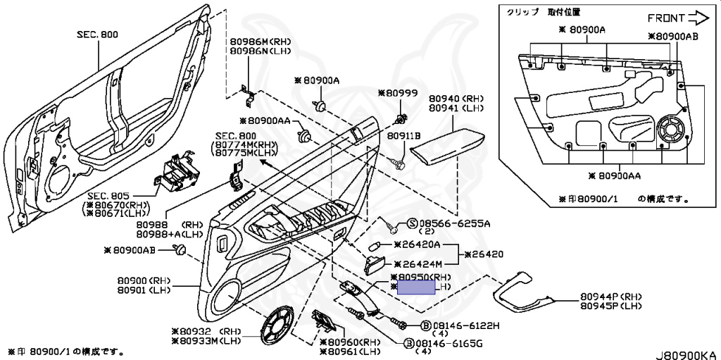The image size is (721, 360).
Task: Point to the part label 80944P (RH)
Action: coord(611,297)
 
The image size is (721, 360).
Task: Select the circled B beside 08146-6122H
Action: coord(425,326)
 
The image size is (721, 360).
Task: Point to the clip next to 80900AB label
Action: coord(181,249)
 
